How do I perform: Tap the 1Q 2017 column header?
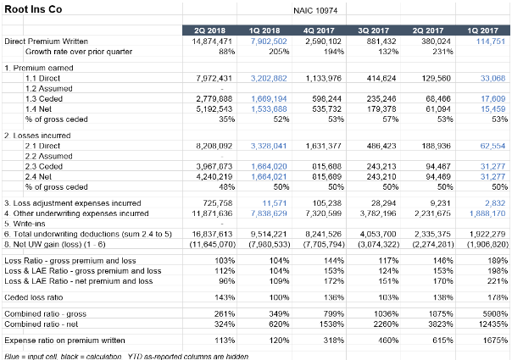482,30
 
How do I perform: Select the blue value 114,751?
490,41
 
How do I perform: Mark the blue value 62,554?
493,147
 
